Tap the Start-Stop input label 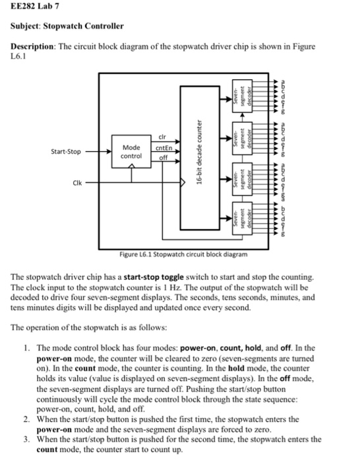(65, 151)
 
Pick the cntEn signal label (164, 148)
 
